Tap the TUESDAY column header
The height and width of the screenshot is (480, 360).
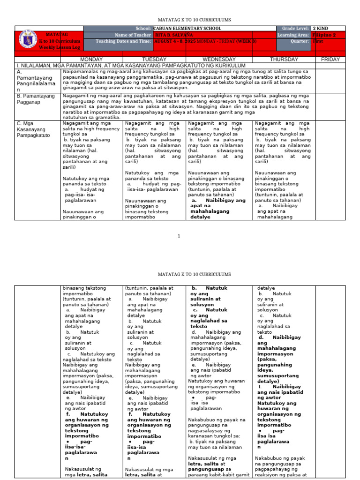point(154,60)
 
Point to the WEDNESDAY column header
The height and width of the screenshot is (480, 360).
point(218,60)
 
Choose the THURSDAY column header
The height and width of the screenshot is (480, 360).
point(284,60)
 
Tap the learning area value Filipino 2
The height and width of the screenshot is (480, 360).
point(323,35)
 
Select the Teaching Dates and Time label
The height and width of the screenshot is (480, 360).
point(124,41)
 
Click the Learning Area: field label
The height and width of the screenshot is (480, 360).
point(293,35)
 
